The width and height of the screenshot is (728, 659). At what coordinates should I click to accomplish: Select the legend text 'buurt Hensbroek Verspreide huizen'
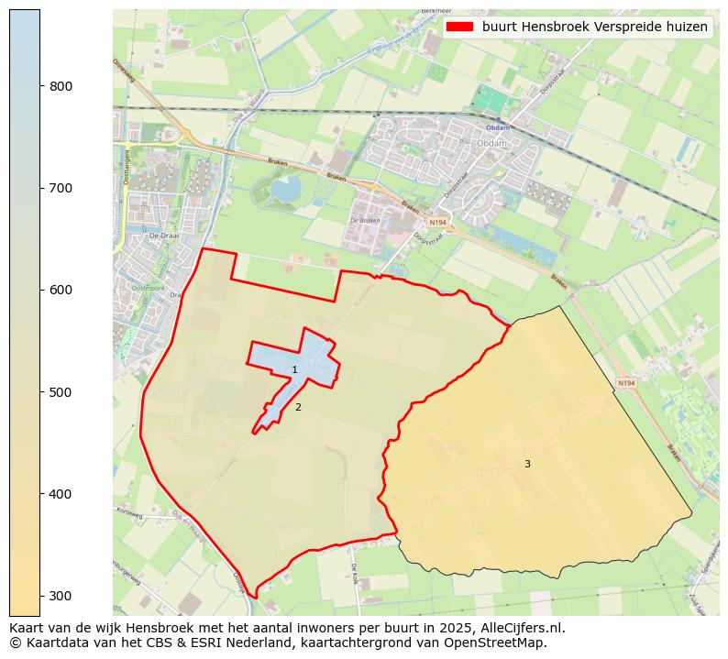(595, 27)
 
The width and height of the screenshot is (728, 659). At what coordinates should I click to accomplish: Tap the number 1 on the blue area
(294, 370)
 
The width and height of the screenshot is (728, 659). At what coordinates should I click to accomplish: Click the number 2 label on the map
(298, 407)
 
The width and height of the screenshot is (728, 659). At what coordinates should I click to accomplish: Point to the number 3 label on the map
(527, 465)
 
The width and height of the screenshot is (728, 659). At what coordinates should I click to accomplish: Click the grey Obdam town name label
(485, 143)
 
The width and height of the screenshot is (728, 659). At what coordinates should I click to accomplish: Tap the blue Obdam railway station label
(498, 127)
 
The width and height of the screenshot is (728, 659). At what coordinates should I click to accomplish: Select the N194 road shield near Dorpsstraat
(437, 222)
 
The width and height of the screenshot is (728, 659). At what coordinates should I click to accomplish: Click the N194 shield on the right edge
(626, 383)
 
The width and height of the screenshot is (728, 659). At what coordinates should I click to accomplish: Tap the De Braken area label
(364, 221)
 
